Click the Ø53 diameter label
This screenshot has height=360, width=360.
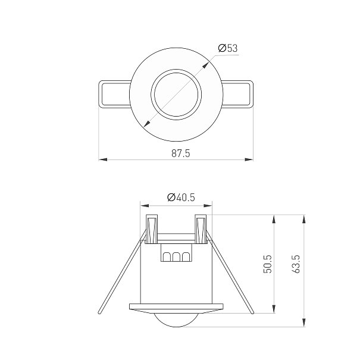[228, 48]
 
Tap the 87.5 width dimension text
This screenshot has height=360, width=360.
[181, 154]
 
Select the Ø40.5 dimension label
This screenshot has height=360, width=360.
[181, 197]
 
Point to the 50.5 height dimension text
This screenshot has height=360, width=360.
[268, 264]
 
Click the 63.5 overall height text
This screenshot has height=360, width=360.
[296, 264]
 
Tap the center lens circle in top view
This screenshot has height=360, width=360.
[176, 94]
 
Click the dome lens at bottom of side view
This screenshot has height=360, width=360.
[176, 320]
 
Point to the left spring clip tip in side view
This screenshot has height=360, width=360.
[99, 312]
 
